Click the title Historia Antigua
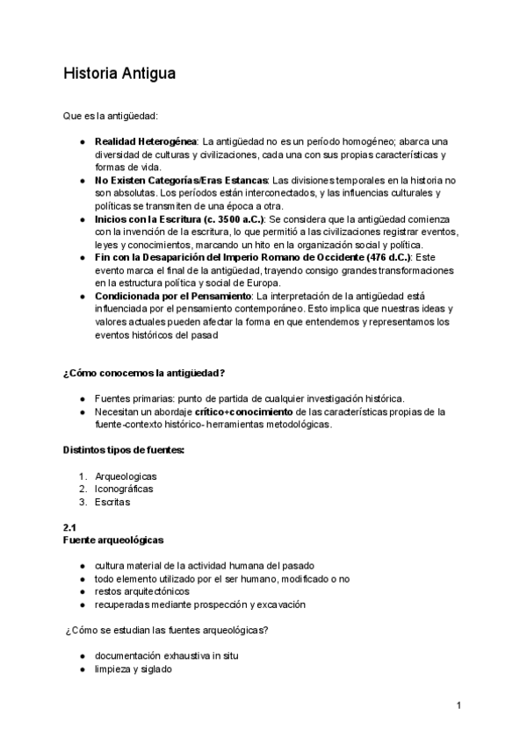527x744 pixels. (119, 74)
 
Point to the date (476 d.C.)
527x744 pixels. (380, 257)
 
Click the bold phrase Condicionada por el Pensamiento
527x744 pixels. (172, 296)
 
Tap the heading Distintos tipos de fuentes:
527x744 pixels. (124, 450)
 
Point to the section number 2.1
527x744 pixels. (70, 526)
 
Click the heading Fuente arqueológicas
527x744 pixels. (113, 540)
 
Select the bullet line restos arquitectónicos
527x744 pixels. (141, 591)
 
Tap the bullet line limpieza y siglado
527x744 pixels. (133, 669)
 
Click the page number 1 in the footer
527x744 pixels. (458, 705)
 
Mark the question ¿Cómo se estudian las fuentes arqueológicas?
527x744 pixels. (167, 630)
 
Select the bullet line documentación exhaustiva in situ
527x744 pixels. (167, 655)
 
